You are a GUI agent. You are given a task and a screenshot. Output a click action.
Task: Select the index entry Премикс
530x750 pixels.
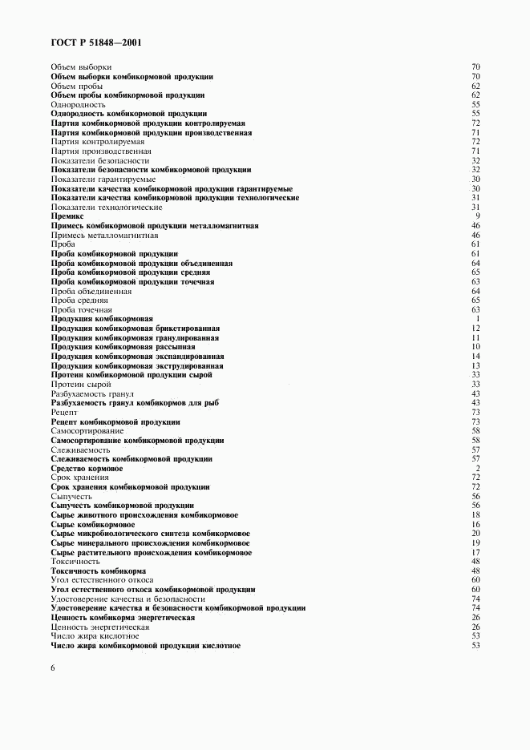click(68, 216)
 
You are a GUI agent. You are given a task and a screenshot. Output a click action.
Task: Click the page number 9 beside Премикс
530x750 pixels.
click(477, 216)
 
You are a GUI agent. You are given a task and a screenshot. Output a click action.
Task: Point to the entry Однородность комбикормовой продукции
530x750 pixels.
click(128, 114)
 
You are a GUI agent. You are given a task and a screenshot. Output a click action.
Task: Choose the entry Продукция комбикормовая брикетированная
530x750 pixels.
click(135, 329)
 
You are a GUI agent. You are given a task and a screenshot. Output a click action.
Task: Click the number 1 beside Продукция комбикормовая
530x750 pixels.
click(477, 319)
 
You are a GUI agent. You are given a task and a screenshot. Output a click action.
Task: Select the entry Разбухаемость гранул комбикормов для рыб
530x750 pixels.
click(135, 403)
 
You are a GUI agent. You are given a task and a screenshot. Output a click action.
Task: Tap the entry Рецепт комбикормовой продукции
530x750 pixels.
click(115, 421)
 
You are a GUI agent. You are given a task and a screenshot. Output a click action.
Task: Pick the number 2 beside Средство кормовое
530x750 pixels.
click(477, 468)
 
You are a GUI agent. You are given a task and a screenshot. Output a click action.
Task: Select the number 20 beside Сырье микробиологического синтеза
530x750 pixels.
click(475, 533)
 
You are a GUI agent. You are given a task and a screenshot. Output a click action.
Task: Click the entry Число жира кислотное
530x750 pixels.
click(89, 635)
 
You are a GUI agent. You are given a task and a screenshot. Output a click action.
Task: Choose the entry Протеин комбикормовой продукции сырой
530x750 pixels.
click(131, 375)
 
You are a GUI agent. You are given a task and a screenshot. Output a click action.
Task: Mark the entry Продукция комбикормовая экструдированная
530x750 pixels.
click(137, 365)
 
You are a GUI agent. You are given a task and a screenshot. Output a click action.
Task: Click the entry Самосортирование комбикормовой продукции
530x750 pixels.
click(137, 440)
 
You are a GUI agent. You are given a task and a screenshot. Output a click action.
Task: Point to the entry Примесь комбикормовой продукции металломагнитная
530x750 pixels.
click(154, 226)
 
